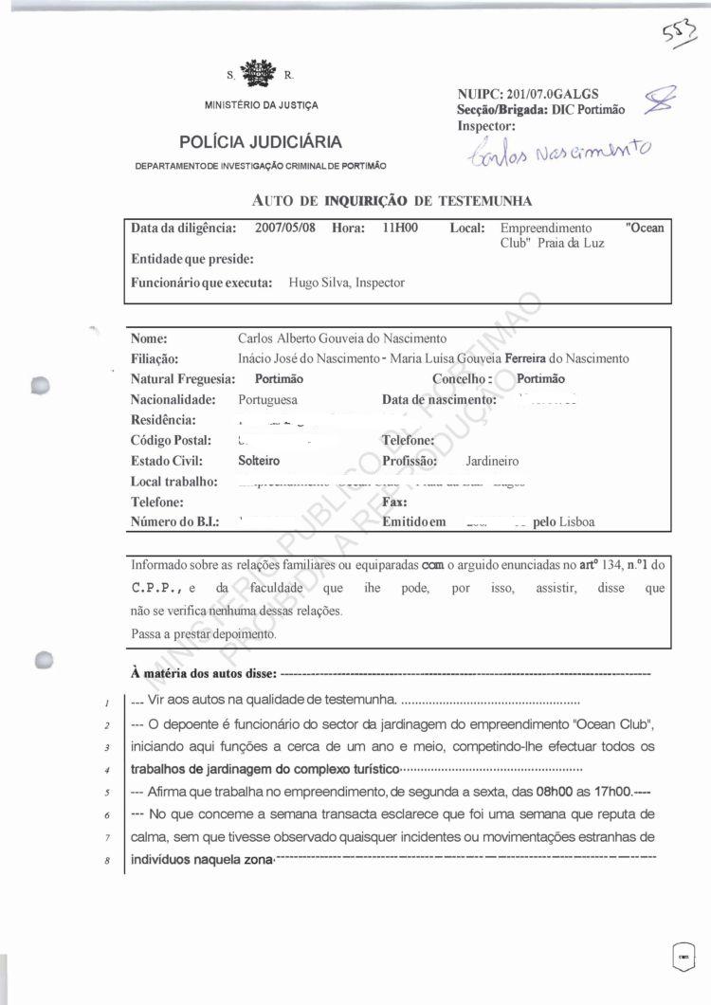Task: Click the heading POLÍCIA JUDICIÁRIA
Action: pos(261,143)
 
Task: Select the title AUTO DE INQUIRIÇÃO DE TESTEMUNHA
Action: pos(392,201)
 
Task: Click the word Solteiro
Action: pos(261,461)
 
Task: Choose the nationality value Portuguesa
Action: pos(267,400)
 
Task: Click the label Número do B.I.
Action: pos(180,521)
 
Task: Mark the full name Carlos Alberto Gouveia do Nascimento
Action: pos(341,338)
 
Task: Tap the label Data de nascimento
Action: pos(439,400)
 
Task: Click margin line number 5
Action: pos(110,793)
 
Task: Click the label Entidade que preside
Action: pos(191,259)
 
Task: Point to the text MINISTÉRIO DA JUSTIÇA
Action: pos(262,104)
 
